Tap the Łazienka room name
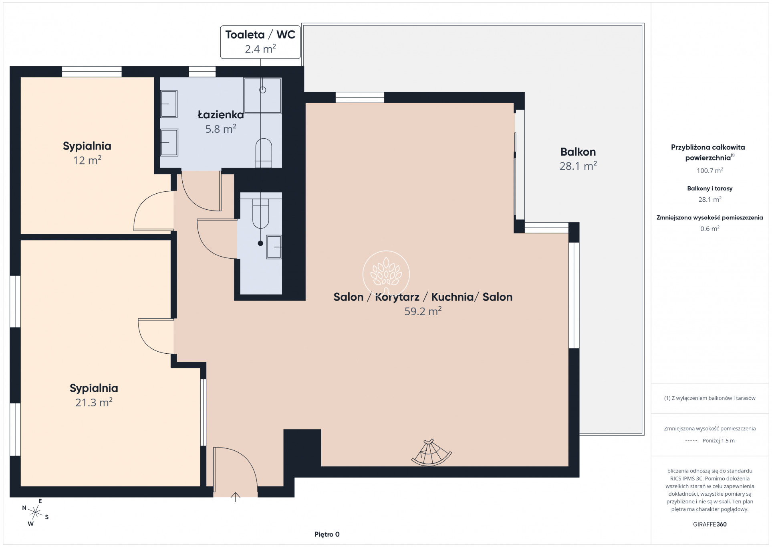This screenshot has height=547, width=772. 221,115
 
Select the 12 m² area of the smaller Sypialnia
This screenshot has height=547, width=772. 87,160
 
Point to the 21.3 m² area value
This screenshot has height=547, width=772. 94,402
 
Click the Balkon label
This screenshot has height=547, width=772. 578,152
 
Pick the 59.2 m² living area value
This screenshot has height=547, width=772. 423,311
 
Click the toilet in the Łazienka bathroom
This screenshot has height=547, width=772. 264,153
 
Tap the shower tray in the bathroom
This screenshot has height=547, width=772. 262,96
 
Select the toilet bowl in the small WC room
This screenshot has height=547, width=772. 260,213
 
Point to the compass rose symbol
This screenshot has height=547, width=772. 36,512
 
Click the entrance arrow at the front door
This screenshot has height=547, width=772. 235,497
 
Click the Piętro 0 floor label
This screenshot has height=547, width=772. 327,534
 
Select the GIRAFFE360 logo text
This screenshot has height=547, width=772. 710,524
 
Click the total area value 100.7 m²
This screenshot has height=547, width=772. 710,170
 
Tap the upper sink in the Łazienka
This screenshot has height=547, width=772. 169,104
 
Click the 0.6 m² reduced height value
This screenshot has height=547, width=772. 710,229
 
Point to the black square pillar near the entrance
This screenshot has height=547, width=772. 302,448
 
